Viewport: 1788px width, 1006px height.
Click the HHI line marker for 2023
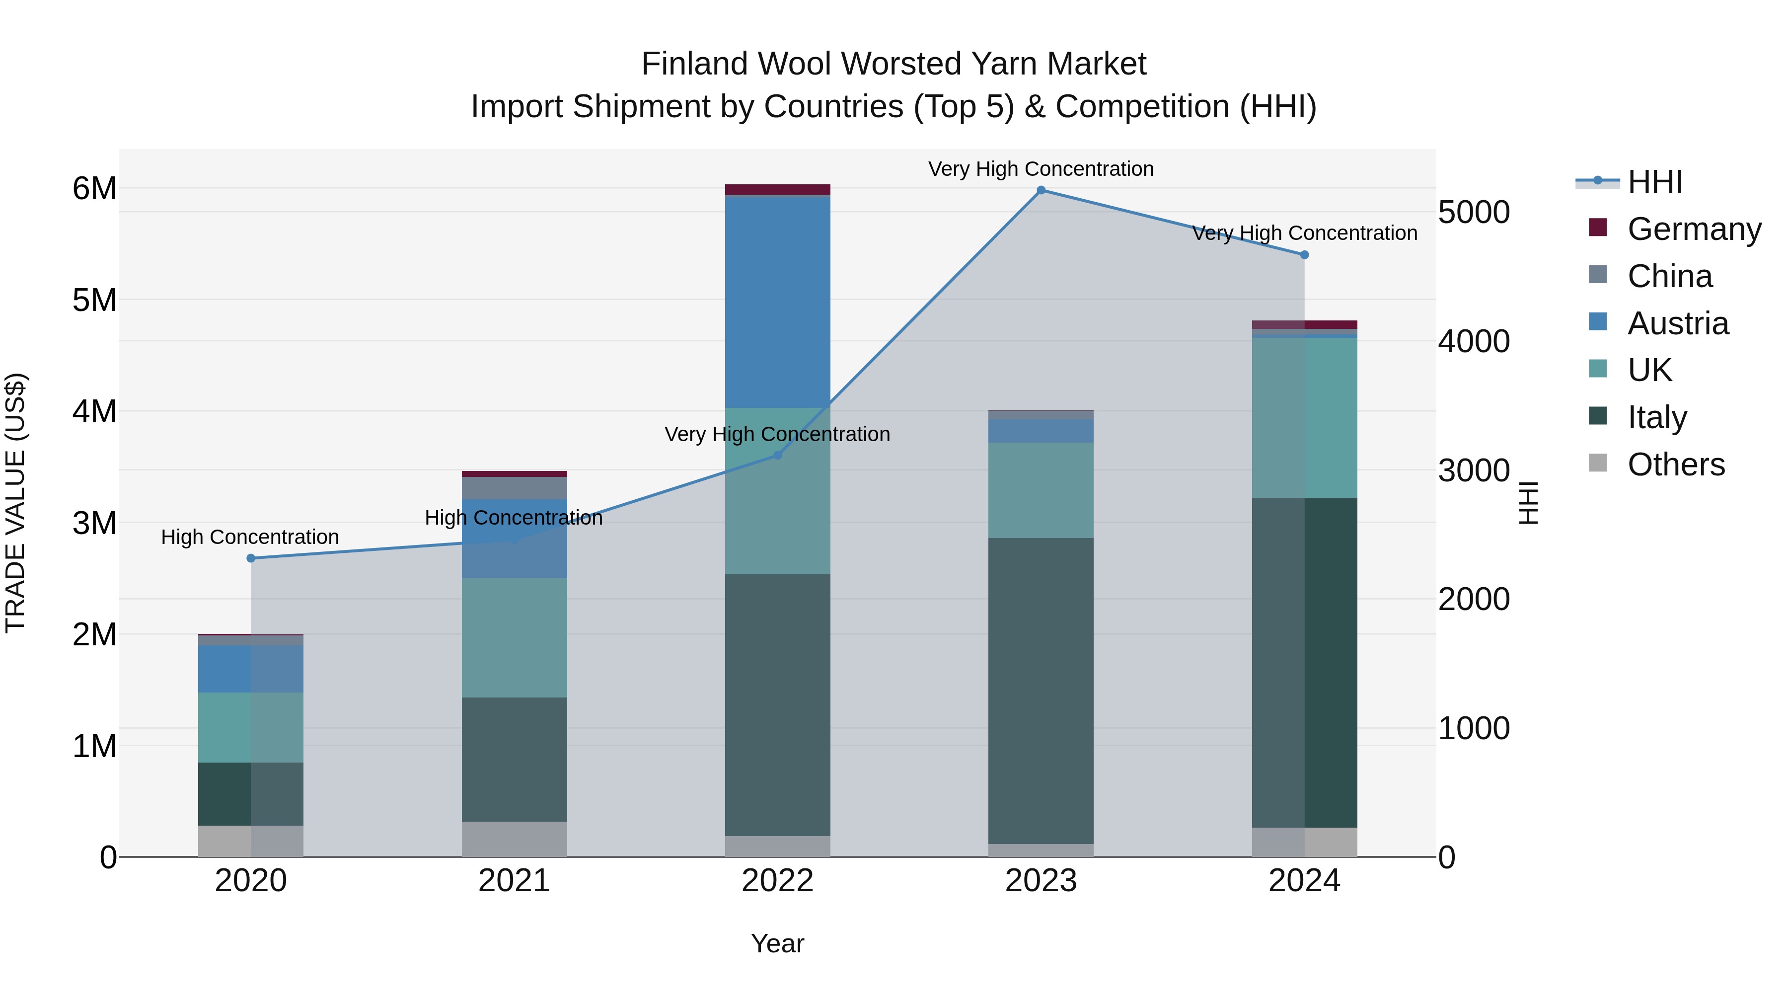tap(1041, 190)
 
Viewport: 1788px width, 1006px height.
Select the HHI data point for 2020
tap(251, 558)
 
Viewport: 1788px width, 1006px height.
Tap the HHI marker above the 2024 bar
tap(1304, 255)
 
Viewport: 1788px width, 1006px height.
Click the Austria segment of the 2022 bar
tap(777, 302)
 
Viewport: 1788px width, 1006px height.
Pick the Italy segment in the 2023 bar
tap(1041, 691)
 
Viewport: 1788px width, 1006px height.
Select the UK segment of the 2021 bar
tap(515, 637)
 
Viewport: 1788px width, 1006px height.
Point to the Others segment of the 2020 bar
tap(251, 841)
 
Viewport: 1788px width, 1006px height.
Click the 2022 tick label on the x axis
tap(777, 881)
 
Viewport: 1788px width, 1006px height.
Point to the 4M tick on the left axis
tap(94, 411)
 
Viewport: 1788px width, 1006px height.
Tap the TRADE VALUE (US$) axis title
tap(16, 503)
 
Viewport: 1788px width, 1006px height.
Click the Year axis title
tap(777, 943)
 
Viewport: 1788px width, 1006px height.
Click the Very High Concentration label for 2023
tap(1041, 169)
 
